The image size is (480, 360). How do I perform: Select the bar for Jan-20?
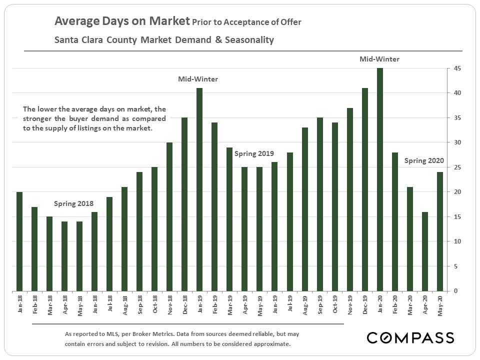(380, 179)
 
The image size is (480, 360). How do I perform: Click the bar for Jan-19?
(199, 189)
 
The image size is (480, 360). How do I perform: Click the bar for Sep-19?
(320, 204)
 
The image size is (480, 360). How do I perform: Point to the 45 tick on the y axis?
(455, 68)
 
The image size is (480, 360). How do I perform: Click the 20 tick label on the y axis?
(455, 192)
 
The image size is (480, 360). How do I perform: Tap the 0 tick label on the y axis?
(455, 291)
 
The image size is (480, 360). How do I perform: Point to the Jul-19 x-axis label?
(290, 302)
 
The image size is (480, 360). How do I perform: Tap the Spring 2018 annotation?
(73, 204)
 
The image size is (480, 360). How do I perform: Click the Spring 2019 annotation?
(254, 153)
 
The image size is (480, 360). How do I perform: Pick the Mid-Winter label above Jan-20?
(379, 59)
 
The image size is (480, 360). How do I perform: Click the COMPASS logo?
(410, 337)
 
